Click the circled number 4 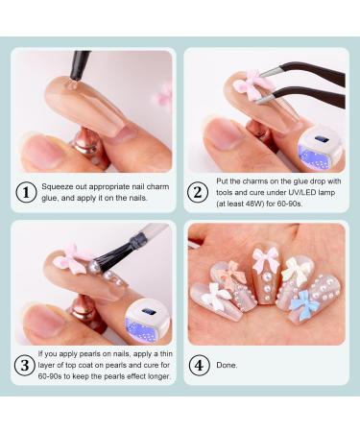click(198, 366)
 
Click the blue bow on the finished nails click(303, 306)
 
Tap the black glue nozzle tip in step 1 click(76, 68)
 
